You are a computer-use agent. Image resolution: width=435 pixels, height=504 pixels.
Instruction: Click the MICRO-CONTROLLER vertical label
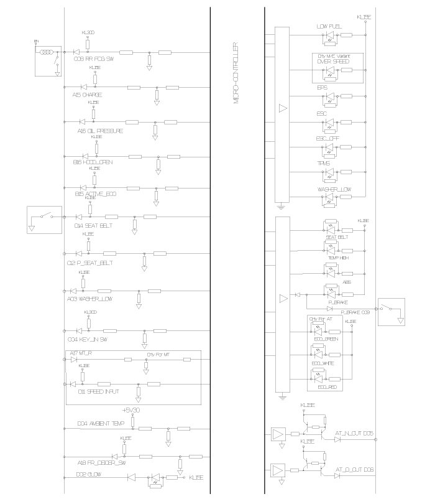(x=237, y=73)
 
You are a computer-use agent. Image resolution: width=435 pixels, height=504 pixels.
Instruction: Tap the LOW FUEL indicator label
(x=329, y=27)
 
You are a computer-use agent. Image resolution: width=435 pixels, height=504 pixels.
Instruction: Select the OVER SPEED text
(x=332, y=62)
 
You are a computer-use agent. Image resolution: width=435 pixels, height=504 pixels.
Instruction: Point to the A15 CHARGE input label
(x=87, y=95)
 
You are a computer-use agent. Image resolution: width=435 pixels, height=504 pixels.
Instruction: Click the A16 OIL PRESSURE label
(x=100, y=131)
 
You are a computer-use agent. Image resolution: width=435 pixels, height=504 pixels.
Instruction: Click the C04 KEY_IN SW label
(x=91, y=340)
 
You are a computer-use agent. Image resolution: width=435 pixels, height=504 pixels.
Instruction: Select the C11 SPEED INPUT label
(x=98, y=392)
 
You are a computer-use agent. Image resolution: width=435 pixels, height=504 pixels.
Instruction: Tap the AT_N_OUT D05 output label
(x=354, y=432)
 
